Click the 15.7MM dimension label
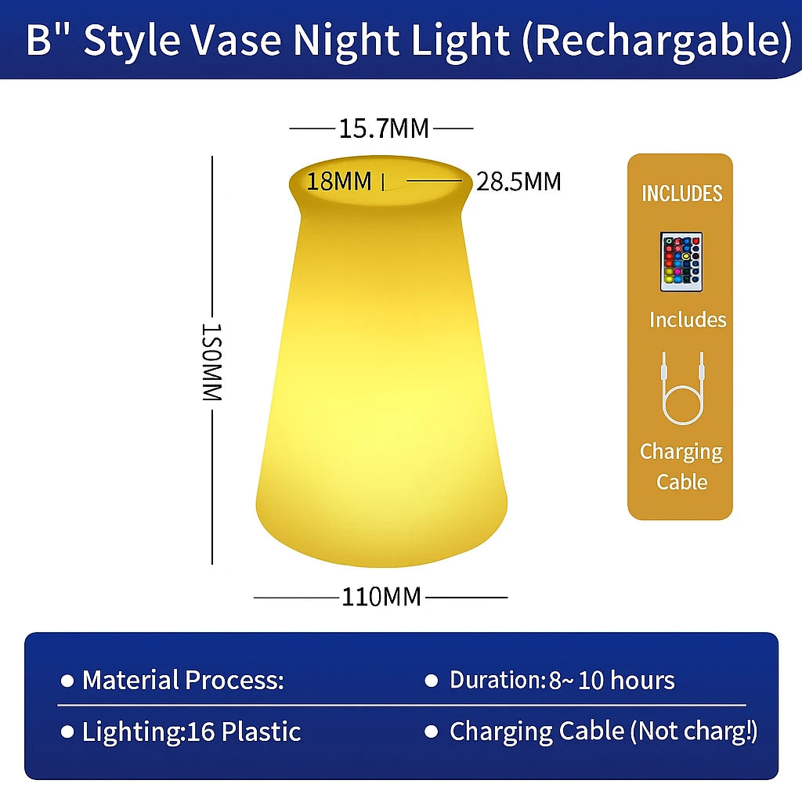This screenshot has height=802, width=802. [x=384, y=128]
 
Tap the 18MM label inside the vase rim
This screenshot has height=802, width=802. [x=339, y=181]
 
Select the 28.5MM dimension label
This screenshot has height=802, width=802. [x=518, y=182]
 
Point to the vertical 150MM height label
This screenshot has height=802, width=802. [x=211, y=362]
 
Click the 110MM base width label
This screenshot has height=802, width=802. [x=381, y=597]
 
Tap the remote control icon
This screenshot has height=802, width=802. [x=681, y=262]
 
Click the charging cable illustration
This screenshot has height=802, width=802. [x=683, y=388]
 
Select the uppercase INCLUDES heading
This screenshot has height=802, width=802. [x=682, y=193]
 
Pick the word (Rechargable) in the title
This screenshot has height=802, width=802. [x=657, y=41]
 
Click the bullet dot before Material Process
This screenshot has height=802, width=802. [x=67, y=681]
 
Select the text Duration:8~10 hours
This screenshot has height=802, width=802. [x=562, y=681]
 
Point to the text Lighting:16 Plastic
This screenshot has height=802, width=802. [x=191, y=732]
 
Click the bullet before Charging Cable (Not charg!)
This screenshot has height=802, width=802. [x=432, y=732]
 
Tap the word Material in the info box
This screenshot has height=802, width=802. [x=131, y=681]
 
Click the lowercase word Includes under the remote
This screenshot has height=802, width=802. [x=688, y=320]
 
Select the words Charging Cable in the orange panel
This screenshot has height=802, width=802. [x=681, y=467]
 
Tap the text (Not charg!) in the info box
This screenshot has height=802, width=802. [x=694, y=732]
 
